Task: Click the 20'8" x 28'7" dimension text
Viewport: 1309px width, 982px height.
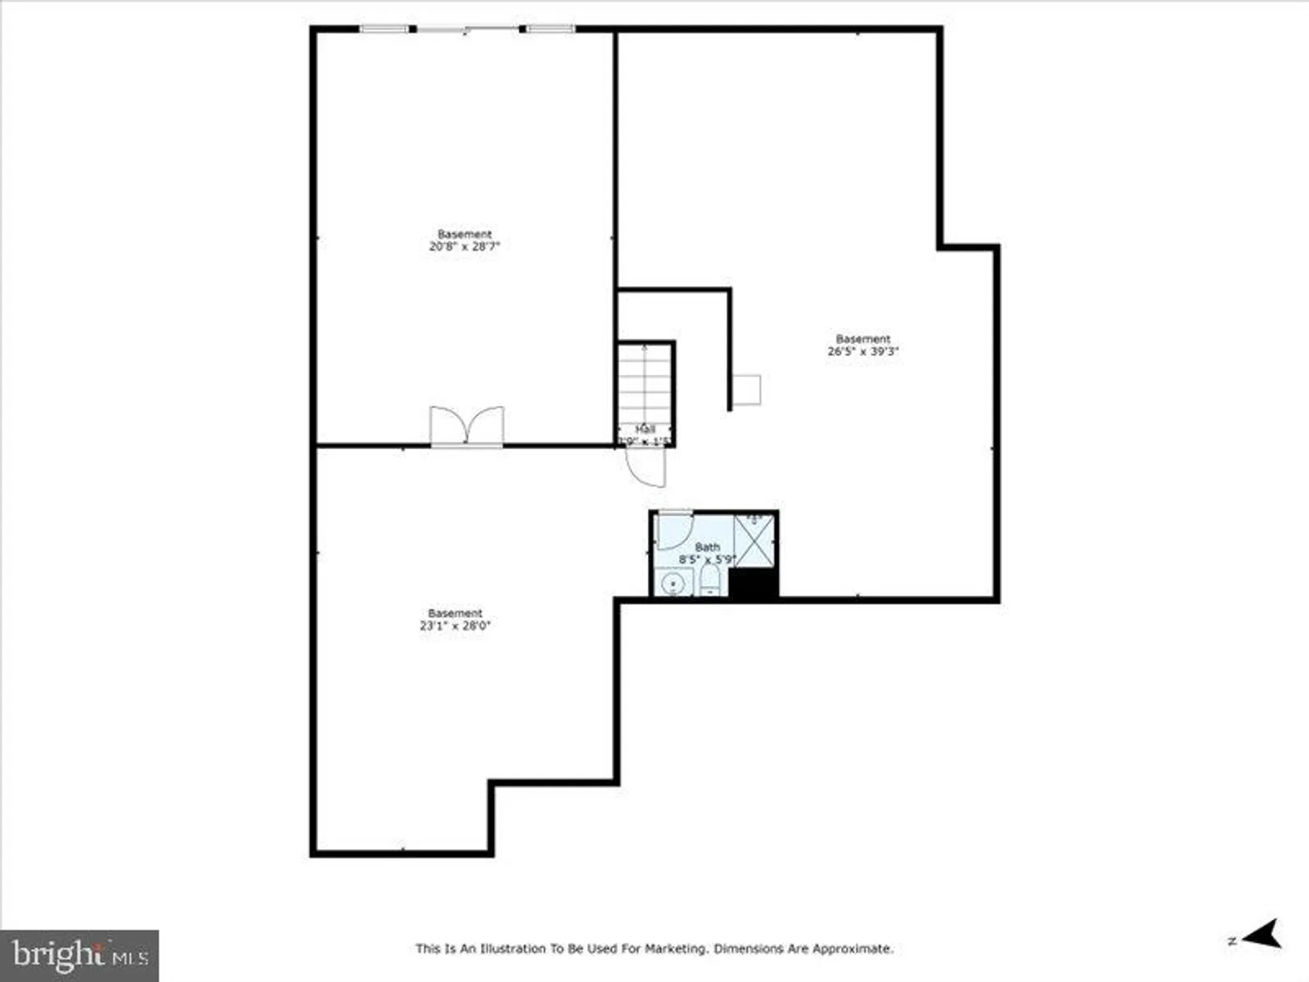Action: [x=464, y=247]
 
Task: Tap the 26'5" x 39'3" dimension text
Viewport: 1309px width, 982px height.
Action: [x=863, y=352]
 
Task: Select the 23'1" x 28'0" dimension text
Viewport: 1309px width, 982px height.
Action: [x=455, y=626]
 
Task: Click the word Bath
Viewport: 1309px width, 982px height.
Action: [x=707, y=547]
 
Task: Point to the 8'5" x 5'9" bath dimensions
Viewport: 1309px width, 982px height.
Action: [x=707, y=560]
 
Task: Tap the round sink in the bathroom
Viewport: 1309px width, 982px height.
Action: [x=673, y=583]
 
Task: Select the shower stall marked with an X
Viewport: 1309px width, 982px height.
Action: [x=754, y=541]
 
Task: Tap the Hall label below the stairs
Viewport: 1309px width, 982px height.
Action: [x=645, y=429]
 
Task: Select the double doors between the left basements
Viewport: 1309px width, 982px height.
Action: [x=467, y=427]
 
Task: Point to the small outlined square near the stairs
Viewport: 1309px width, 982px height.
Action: [x=746, y=390]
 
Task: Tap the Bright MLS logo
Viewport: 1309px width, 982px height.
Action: [x=79, y=955]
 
